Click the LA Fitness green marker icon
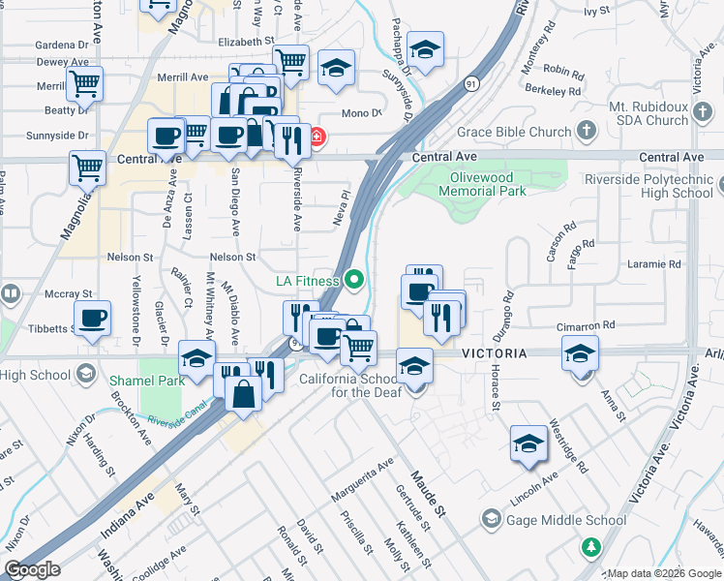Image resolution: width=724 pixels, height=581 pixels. point(354,281)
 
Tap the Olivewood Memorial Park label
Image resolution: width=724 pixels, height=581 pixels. point(481,184)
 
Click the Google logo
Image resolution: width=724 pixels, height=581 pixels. point(32,569)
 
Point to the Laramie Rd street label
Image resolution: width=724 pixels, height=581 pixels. point(656,263)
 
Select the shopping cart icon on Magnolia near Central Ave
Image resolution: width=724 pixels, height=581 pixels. point(87,168)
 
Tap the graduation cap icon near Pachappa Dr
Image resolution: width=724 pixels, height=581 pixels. point(424,47)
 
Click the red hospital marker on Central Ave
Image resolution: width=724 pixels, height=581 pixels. point(316,138)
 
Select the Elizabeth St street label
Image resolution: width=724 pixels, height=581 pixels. point(247,42)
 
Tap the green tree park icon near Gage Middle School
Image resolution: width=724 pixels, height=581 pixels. point(589,548)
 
